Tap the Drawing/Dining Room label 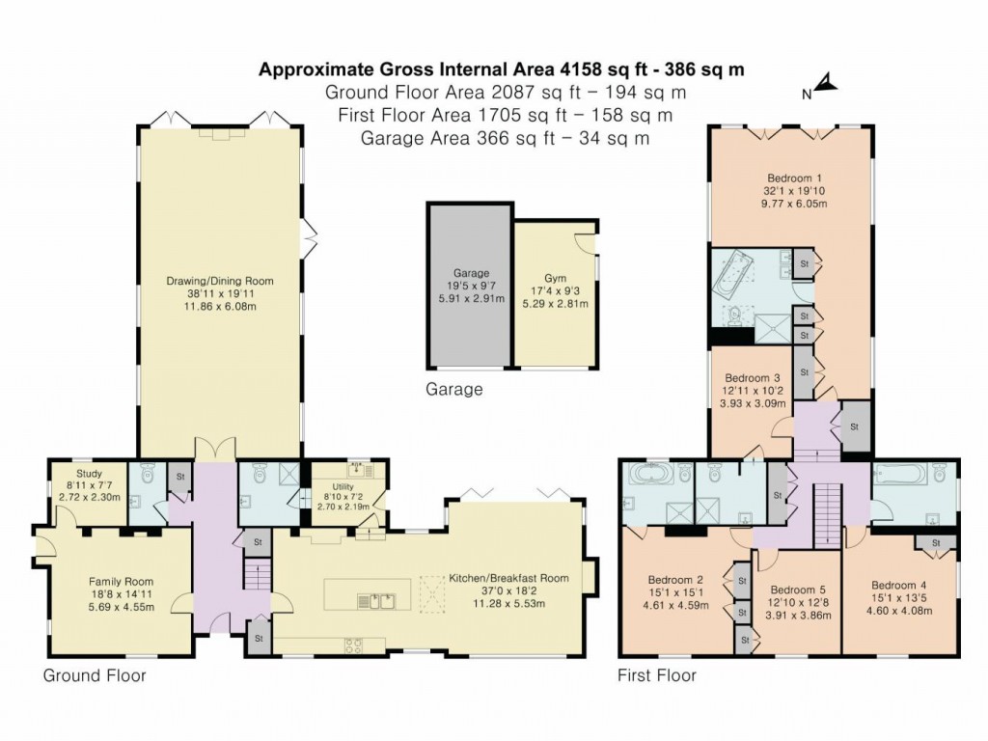219,281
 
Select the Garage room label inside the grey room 472,273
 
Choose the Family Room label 121,581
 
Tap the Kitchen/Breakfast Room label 508,579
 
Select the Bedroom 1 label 794,178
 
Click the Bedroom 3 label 753,377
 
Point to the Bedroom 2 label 674,581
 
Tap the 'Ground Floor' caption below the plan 95,675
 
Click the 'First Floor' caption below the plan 656,675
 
